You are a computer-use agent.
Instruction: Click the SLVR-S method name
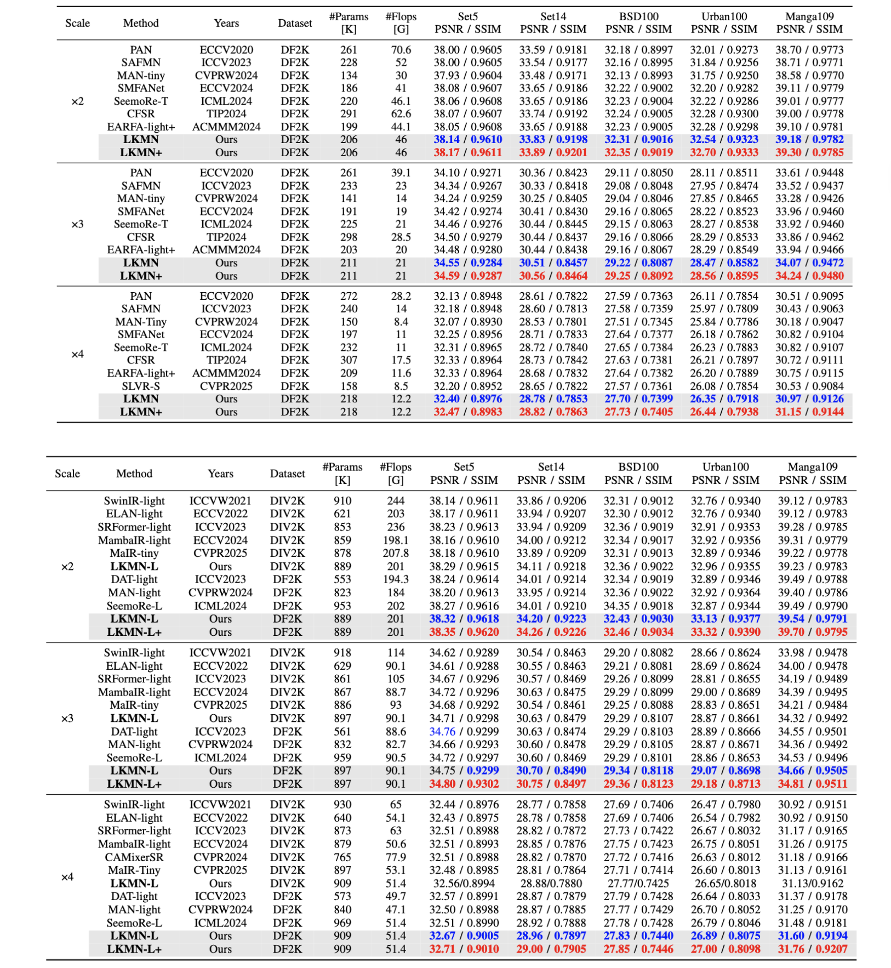click(141, 386)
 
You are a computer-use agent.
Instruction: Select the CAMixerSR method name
click(134, 857)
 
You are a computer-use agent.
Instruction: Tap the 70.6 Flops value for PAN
click(401, 50)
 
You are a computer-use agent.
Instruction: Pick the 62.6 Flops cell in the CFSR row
click(401, 114)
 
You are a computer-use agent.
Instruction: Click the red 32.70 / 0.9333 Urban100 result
click(724, 152)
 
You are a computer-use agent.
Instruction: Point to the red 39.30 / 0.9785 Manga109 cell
click(809, 152)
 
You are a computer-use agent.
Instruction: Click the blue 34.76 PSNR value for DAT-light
click(442, 731)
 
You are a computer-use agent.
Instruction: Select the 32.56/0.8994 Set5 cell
click(464, 884)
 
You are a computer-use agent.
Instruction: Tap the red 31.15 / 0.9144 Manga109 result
click(809, 412)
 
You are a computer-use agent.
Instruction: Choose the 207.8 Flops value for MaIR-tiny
click(396, 553)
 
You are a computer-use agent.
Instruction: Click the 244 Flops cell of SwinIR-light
click(396, 501)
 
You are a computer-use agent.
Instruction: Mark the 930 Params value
click(342, 805)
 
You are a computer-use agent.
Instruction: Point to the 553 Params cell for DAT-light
click(342, 579)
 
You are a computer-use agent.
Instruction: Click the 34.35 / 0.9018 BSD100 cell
click(638, 606)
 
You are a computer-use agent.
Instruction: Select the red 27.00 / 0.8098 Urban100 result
click(726, 949)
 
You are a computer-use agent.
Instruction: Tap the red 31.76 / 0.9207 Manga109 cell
click(813, 949)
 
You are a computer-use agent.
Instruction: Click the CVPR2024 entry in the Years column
click(220, 857)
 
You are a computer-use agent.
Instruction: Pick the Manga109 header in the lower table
click(813, 467)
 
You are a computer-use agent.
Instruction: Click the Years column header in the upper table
click(226, 23)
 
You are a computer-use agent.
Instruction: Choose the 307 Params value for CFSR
click(349, 360)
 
